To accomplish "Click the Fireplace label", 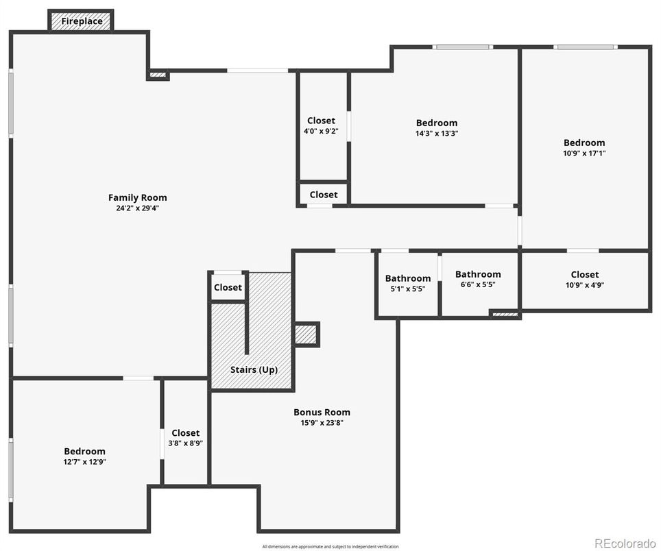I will (x=82, y=21).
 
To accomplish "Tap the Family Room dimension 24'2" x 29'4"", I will (x=137, y=208).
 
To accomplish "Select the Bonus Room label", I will (x=322, y=412).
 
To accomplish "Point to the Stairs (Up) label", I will (x=254, y=369).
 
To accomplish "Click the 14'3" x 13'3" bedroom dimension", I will (x=436, y=134).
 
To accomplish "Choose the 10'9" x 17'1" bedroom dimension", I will (x=584, y=153).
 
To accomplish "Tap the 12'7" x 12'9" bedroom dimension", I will (x=84, y=461).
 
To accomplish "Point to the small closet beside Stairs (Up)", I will (x=228, y=287).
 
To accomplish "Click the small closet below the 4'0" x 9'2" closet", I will (x=323, y=195).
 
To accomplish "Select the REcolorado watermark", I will (x=625, y=543).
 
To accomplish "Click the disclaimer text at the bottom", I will (x=330, y=546).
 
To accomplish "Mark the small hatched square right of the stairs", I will (x=306, y=334).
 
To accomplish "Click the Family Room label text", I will (x=137, y=198).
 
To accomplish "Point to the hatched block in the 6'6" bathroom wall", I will (x=505, y=315).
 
